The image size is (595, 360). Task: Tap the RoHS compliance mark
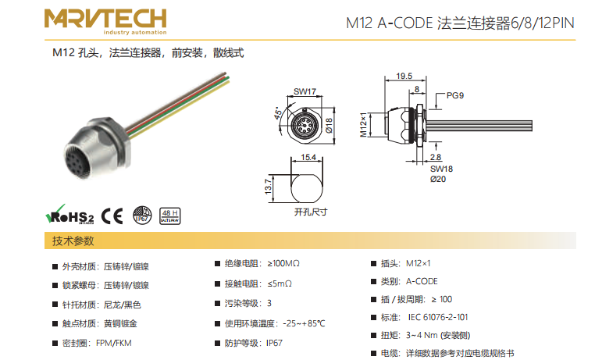70,215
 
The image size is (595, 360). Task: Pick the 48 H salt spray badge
169,216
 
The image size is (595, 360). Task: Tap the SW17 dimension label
305,92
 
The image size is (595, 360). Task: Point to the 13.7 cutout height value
268,185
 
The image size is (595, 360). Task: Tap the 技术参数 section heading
73,241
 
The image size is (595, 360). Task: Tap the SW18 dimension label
441,168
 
